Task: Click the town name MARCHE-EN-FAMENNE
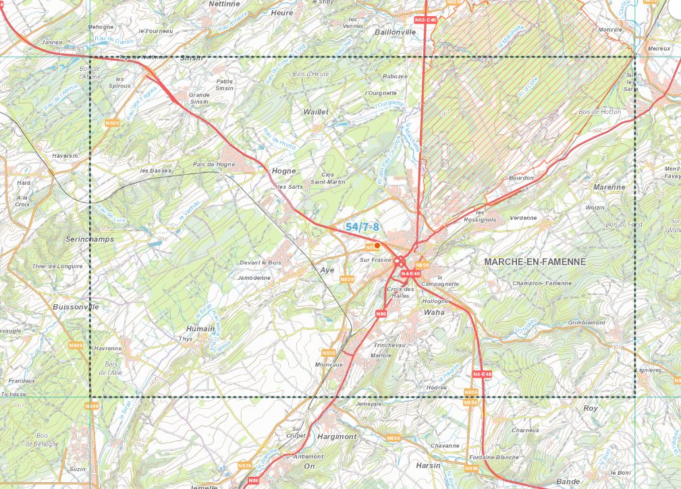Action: (x=535, y=261)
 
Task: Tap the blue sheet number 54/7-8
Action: (x=362, y=227)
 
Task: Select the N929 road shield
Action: (x=112, y=123)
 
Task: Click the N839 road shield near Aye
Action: (x=347, y=279)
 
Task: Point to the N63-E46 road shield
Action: (x=425, y=21)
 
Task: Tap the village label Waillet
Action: (x=317, y=111)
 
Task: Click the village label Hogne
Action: (x=283, y=171)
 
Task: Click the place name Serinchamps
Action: (x=90, y=239)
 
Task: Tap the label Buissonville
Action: (x=76, y=306)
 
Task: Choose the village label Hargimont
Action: (x=336, y=436)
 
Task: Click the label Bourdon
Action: (x=521, y=178)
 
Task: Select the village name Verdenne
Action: (x=524, y=218)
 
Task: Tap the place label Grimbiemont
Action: (x=587, y=322)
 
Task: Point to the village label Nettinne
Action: (x=225, y=3)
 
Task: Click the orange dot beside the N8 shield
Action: (x=377, y=246)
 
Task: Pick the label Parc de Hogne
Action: (x=213, y=164)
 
